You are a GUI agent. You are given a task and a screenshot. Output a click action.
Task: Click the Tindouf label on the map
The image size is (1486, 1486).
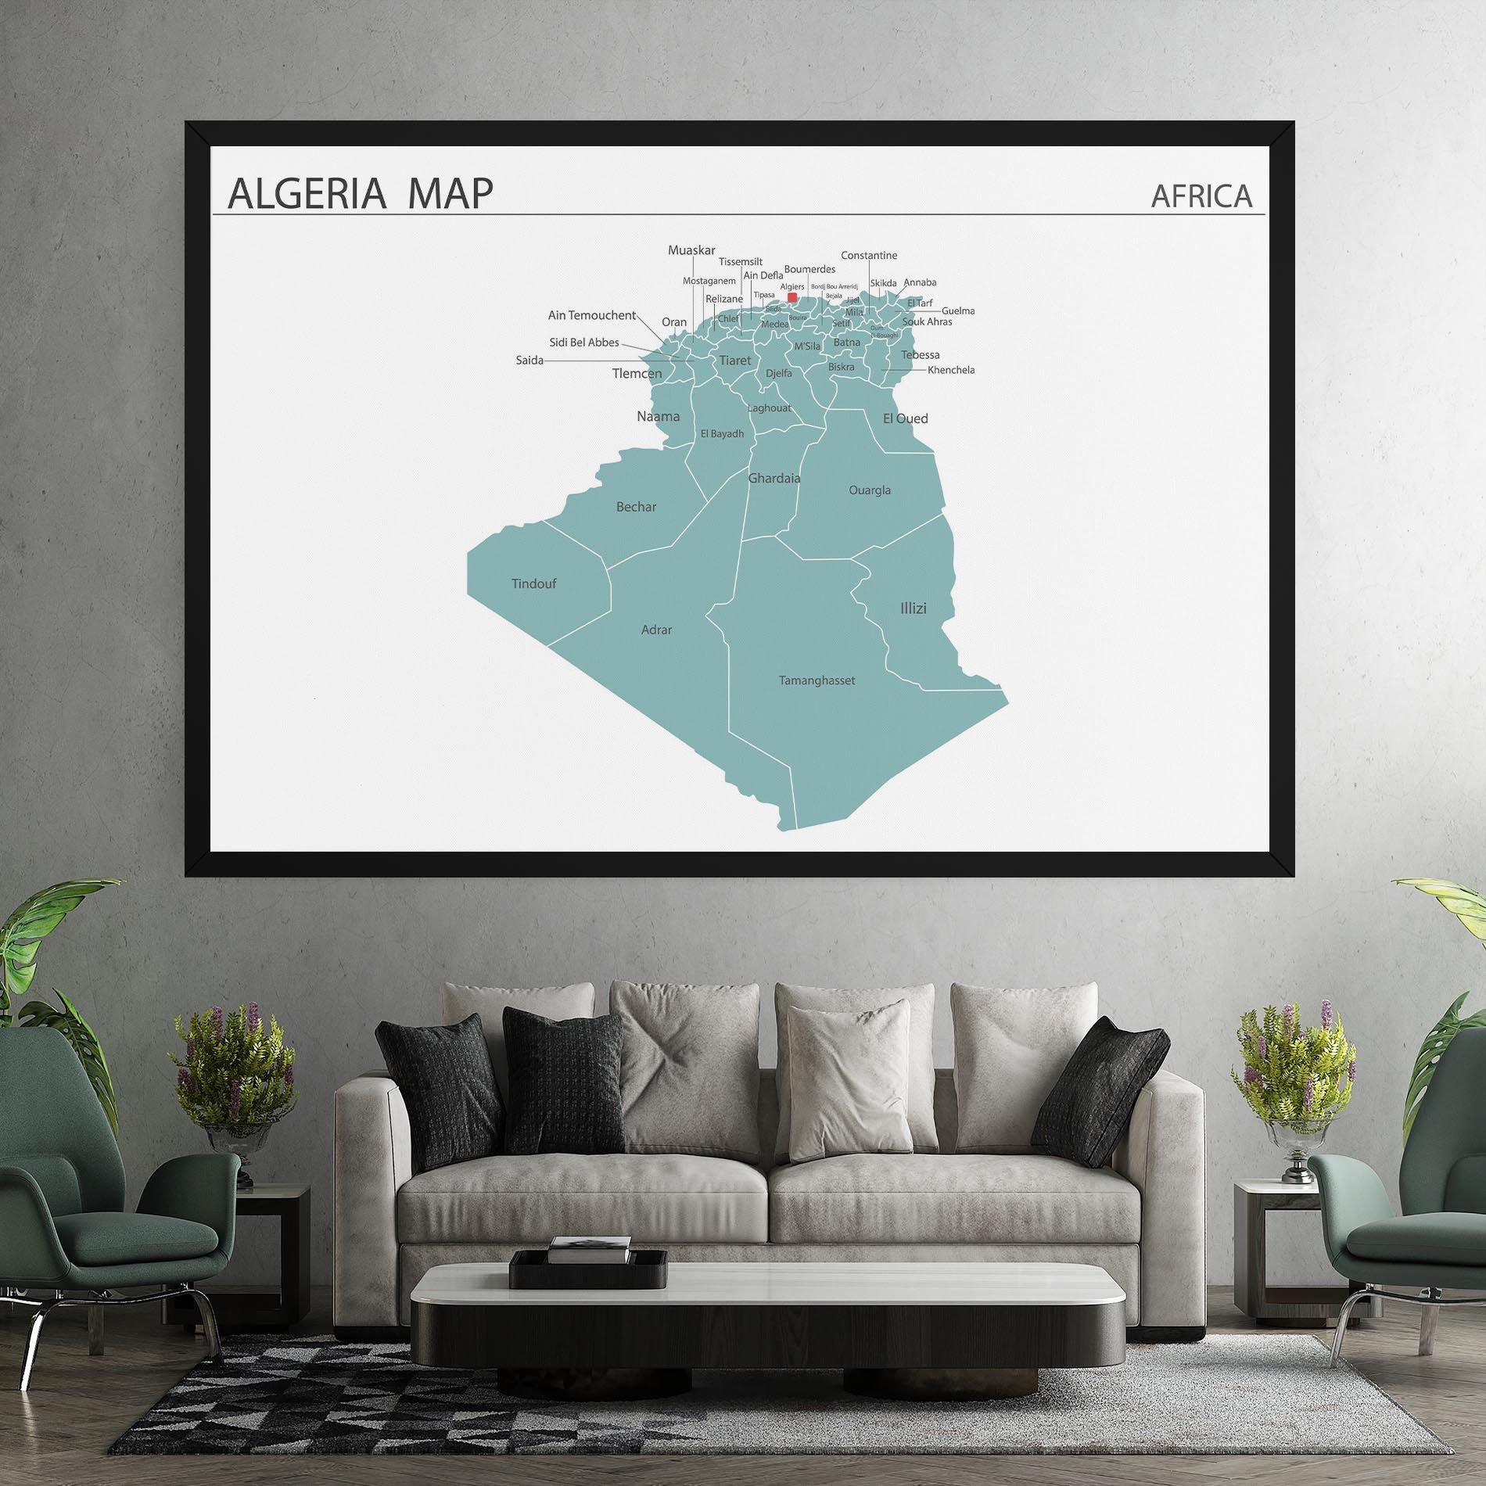coord(533,583)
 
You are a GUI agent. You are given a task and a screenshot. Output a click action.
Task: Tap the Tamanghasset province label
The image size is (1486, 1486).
coord(817,680)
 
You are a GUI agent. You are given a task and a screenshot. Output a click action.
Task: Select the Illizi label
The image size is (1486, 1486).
coord(913,608)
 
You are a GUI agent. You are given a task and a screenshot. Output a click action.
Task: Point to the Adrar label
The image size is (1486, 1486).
coord(656,630)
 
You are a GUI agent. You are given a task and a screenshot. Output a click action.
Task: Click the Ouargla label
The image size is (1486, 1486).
coord(870,490)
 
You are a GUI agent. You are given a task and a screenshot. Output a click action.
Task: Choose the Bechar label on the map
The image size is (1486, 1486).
coord(636,507)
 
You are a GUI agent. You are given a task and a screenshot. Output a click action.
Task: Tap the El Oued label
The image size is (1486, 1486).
coord(905,418)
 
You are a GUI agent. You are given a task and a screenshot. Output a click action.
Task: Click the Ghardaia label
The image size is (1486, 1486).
coord(774,478)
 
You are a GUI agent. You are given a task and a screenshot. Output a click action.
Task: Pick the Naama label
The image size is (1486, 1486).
coord(658,416)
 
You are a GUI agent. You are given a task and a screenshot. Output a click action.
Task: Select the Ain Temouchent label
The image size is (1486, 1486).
coord(591,315)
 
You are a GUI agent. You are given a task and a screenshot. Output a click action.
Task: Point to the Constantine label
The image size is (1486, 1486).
coord(869,256)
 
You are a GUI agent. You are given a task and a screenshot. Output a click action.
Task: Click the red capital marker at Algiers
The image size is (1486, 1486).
coord(792,297)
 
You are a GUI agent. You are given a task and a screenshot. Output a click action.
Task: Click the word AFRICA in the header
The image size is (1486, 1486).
coord(1201,196)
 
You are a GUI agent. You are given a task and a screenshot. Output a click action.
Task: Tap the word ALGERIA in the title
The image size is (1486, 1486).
coord(306,194)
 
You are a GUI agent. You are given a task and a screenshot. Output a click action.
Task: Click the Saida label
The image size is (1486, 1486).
coord(529,361)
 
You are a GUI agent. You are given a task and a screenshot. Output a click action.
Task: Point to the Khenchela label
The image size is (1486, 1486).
coord(950,370)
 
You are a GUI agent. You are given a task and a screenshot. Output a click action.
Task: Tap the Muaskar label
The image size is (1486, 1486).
coord(691,250)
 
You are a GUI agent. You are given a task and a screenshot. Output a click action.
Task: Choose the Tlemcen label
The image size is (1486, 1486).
coord(637,374)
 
